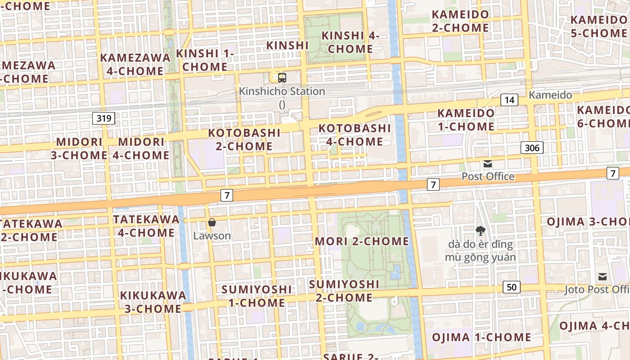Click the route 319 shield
click(104, 118)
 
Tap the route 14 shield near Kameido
click(509, 99)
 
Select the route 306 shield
click(532, 147)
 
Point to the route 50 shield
click(512, 287)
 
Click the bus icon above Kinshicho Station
click(282, 78)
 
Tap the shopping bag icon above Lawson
click(212, 222)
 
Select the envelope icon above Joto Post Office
click(603, 276)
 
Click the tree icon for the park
click(480, 231)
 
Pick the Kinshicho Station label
click(282, 91)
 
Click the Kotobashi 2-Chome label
click(244, 139)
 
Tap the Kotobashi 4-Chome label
click(355, 135)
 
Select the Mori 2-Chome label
click(362, 241)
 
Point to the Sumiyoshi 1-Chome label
click(256, 296)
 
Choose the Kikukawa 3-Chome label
click(153, 302)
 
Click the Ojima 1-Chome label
click(481, 337)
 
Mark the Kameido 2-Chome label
click(460, 21)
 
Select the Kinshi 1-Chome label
click(205, 60)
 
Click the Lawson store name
click(212, 236)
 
